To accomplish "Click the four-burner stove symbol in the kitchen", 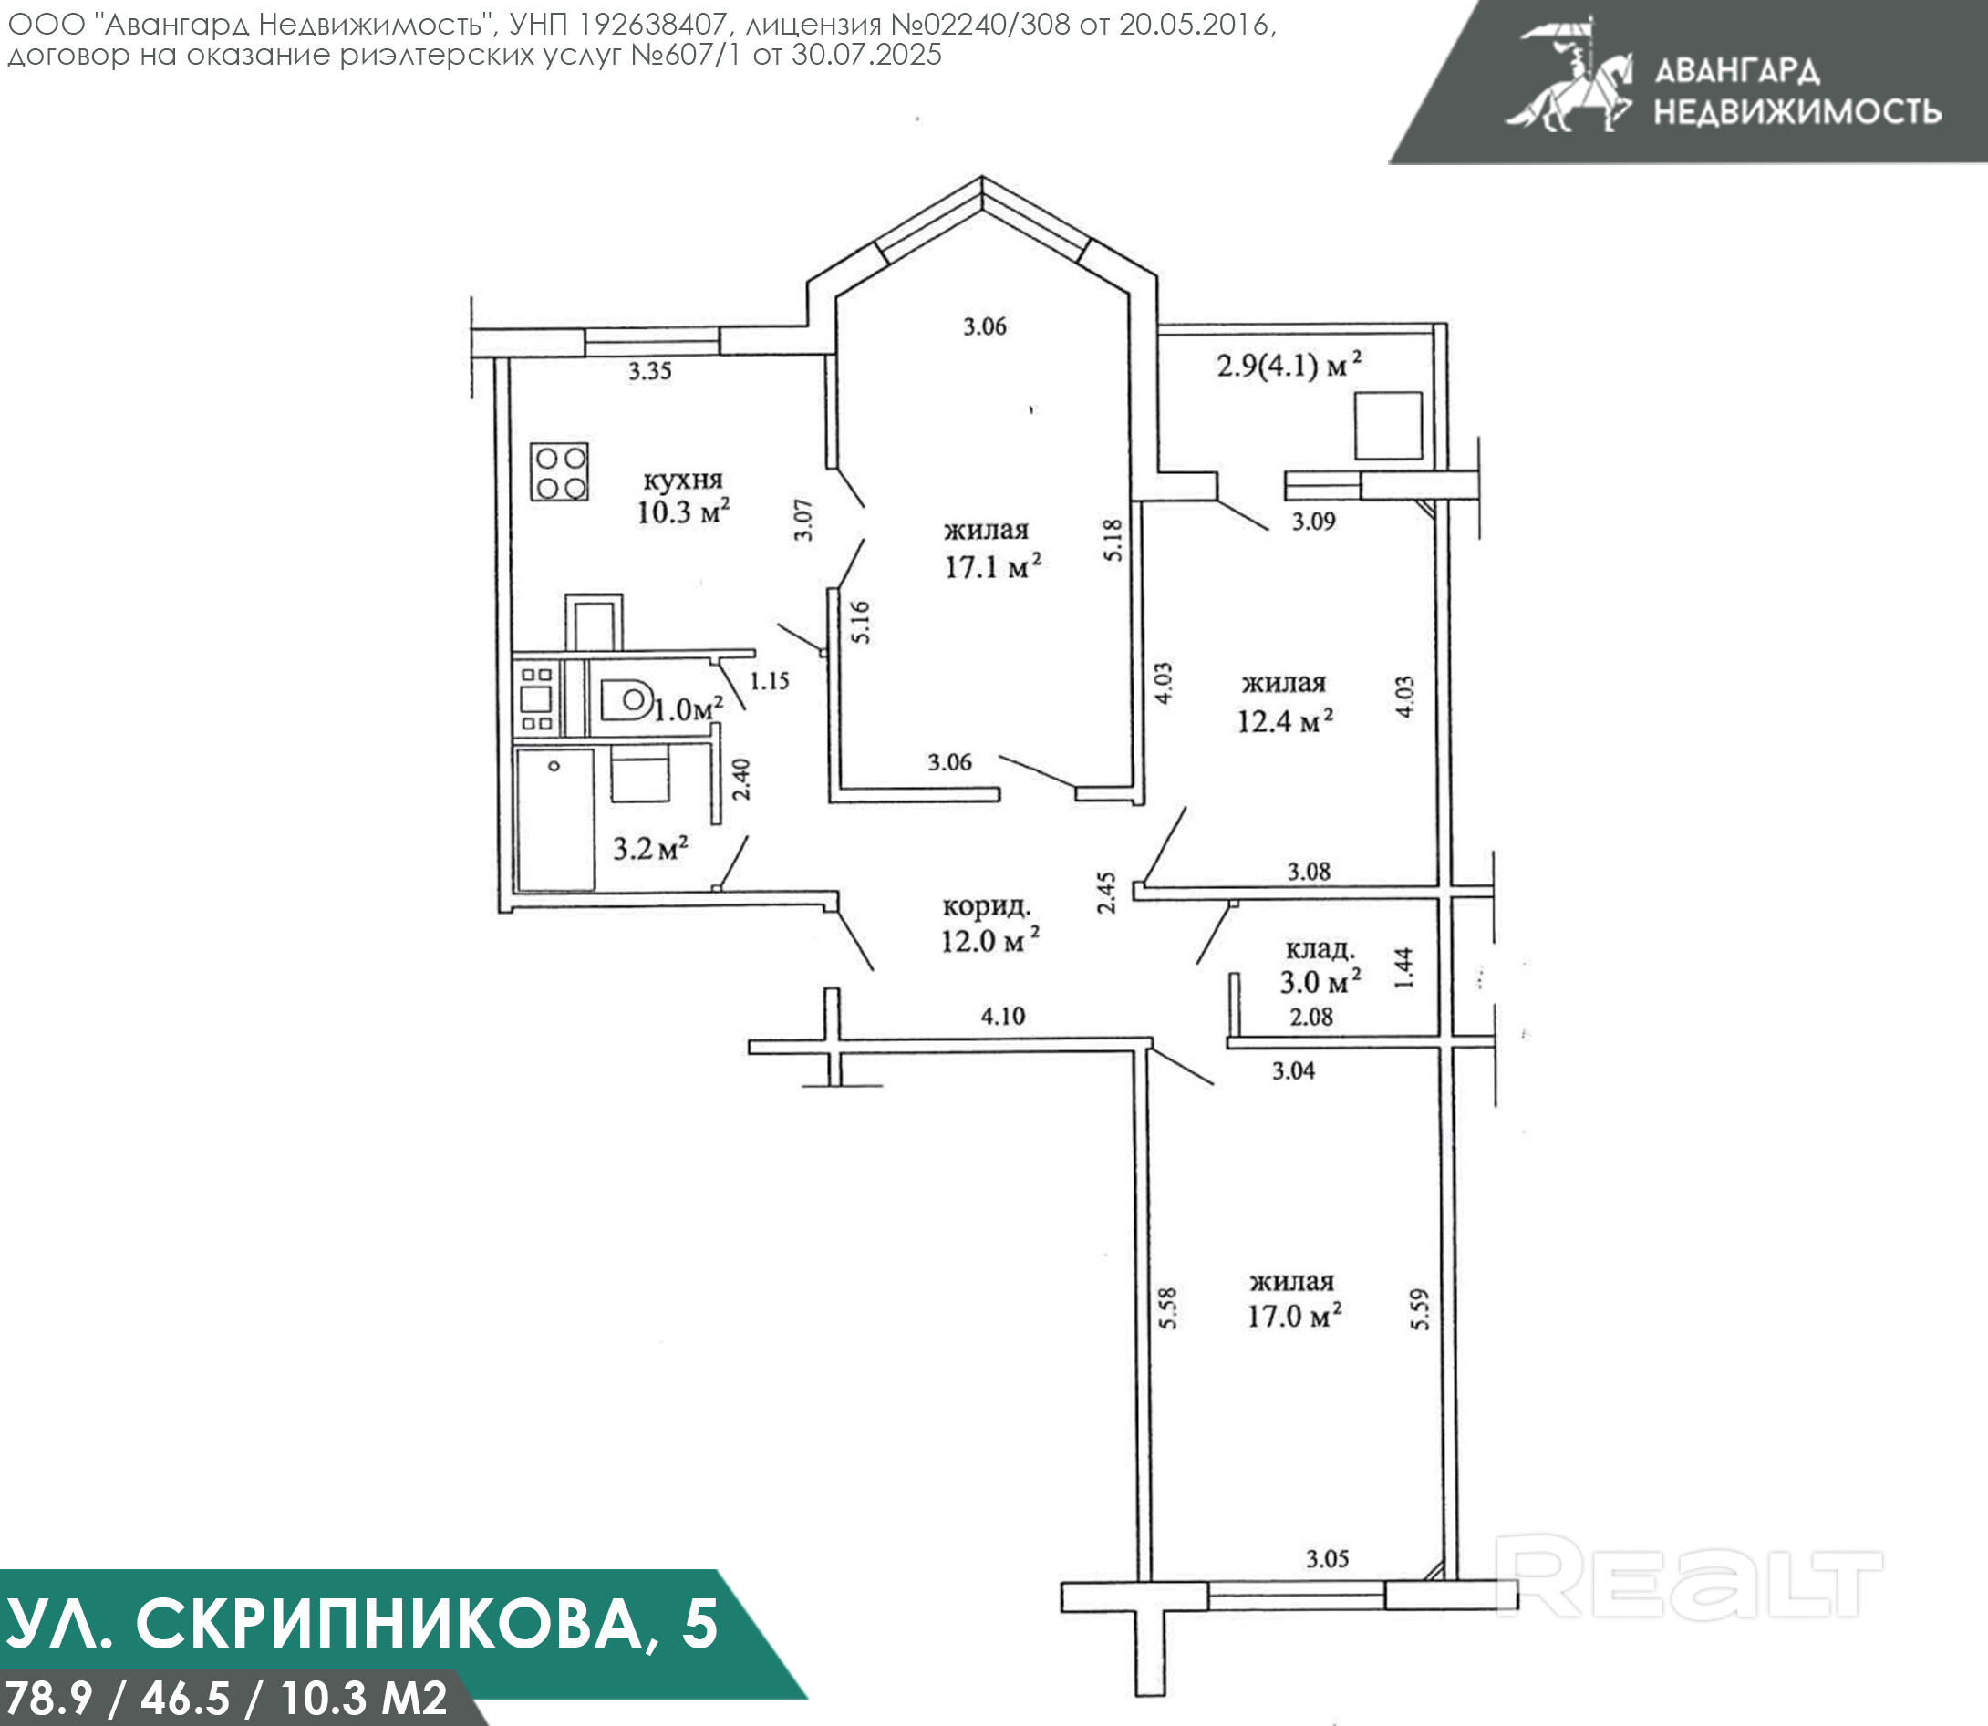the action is tap(560, 472).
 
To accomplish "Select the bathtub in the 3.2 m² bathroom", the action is tap(554, 820).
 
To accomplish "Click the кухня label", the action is tap(683, 480).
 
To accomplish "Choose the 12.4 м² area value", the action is tap(1286, 720).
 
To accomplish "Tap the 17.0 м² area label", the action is tap(1296, 1316).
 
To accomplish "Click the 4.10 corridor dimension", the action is tap(1003, 1015).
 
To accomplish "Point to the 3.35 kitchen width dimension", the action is tap(650, 371).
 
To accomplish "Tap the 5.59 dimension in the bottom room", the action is tap(1420, 1309).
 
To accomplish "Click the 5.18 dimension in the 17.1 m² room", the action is tap(1113, 541).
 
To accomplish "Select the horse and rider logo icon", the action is tap(1569, 74).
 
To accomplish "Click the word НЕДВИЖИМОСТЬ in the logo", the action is tap(1797, 112).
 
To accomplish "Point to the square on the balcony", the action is tap(1388, 425).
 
